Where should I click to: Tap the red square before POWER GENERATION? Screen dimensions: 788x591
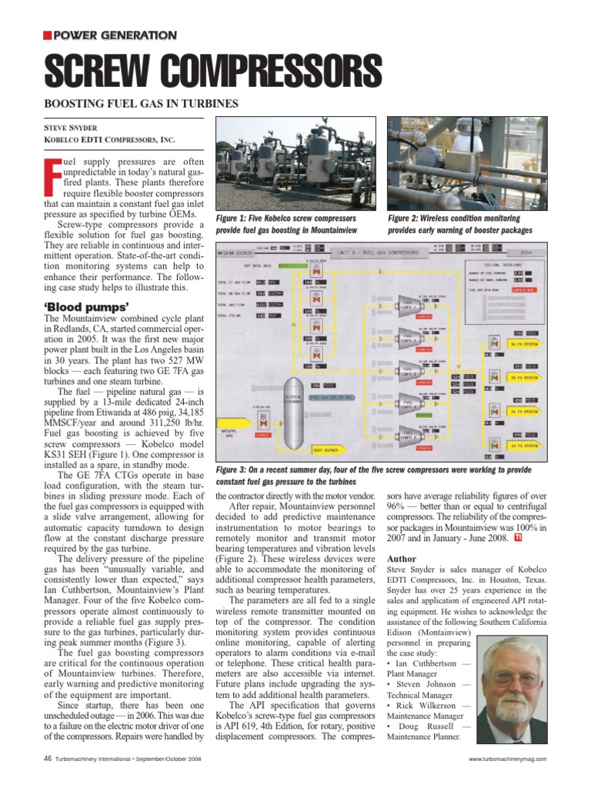coord(47,35)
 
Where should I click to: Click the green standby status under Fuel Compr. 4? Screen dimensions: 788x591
coord(423,414)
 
